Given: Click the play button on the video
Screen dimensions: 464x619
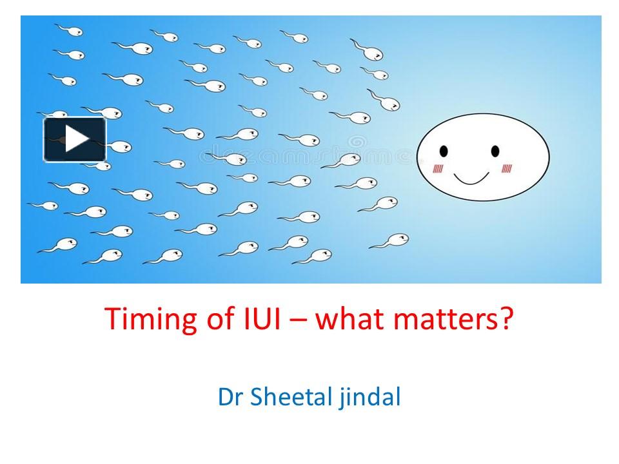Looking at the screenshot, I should click(x=75, y=139).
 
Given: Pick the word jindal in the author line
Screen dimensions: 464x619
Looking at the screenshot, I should click(x=371, y=398).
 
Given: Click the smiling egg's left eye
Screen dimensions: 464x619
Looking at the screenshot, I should click(x=444, y=151).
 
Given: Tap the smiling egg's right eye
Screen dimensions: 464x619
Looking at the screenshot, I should click(x=495, y=151).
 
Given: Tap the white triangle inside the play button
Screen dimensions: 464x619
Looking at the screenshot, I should click(x=77, y=139).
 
